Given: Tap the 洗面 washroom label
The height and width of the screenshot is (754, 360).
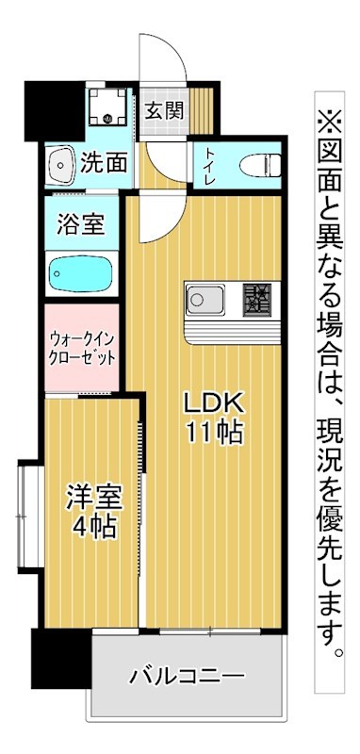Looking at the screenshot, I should click(104, 162).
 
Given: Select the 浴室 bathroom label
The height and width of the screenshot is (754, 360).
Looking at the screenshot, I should click(81, 226).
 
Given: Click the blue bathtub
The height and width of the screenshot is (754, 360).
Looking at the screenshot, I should click(81, 274).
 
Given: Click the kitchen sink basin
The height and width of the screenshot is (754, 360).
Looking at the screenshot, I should click(206, 301).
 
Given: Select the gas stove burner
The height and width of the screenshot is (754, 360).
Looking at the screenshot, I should click(255, 301).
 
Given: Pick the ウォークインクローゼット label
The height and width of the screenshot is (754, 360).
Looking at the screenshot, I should click(81, 348).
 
